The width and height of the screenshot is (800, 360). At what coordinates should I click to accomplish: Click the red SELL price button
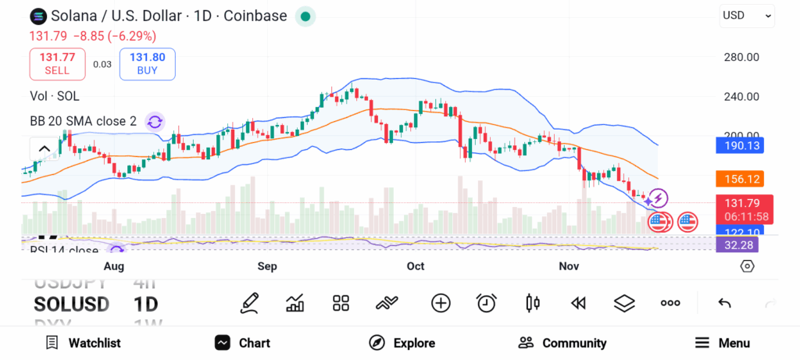click(57, 63)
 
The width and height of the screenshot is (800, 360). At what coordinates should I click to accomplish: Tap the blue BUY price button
click(147, 63)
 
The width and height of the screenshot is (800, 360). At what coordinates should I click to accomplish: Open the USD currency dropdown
click(746, 15)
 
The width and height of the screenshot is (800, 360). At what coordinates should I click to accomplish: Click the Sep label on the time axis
click(267, 266)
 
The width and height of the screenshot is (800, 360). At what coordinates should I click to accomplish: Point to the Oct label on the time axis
click(416, 266)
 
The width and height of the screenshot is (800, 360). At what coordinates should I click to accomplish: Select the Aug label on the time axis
click(114, 266)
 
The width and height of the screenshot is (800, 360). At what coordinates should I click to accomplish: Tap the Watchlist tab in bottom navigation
click(83, 343)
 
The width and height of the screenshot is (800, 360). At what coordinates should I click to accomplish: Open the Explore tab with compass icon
click(402, 343)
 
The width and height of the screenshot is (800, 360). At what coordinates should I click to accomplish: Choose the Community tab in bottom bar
click(562, 343)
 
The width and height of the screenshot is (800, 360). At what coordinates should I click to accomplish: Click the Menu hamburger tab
click(723, 343)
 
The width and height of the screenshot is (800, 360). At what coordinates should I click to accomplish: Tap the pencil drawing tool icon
click(249, 303)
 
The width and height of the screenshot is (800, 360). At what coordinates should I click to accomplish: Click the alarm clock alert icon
click(487, 303)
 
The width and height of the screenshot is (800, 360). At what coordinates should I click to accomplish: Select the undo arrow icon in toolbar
click(724, 303)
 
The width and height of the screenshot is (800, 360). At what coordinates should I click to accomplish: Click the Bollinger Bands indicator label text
click(83, 121)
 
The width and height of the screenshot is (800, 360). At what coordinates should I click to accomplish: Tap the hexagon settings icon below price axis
click(747, 266)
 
